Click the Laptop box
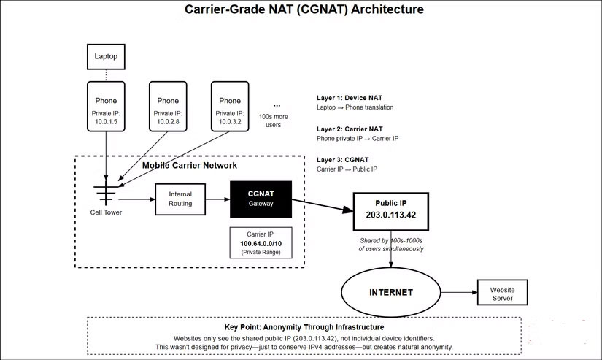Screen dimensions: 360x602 click(x=106, y=55)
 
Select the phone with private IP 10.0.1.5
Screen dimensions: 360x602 click(x=106, y=107)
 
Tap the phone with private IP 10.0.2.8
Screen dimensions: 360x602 click(x=168, y=107)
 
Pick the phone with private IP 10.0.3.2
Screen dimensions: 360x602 click(x=229, y=107)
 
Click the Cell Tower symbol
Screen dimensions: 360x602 click(x=107, y=194)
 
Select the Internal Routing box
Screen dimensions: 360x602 click(x=180, y=199)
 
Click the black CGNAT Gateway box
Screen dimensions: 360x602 click(x=261, y=199)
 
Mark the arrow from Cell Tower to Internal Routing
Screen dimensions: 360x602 click(x=136, y=199)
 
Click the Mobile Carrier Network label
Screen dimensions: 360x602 click(x=190, y=166)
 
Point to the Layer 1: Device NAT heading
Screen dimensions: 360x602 click(x=349, y=96)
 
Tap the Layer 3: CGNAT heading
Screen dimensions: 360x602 click(x=343, y=159)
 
